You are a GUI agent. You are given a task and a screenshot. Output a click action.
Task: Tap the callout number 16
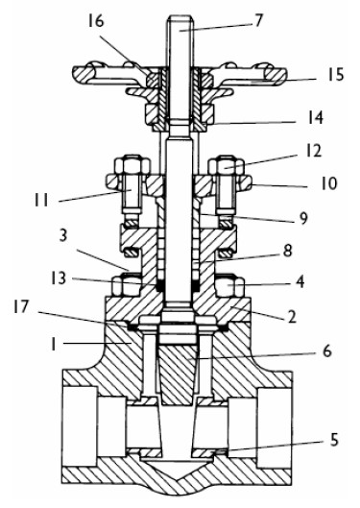pos(96,21)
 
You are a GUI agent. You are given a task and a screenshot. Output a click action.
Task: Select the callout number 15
pos(335,75)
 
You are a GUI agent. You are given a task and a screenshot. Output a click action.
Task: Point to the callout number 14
pos(315,117)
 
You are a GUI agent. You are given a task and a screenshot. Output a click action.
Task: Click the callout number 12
pos(313,152)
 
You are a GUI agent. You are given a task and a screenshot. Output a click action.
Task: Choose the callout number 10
pos(329,183)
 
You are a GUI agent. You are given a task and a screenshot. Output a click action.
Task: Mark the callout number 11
pos(42,200)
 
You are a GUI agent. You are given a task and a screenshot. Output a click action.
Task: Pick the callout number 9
pos(302,218)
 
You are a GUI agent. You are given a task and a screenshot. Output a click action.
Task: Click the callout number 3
pos(62,236)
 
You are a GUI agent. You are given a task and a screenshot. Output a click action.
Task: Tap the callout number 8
pos(287,250)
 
